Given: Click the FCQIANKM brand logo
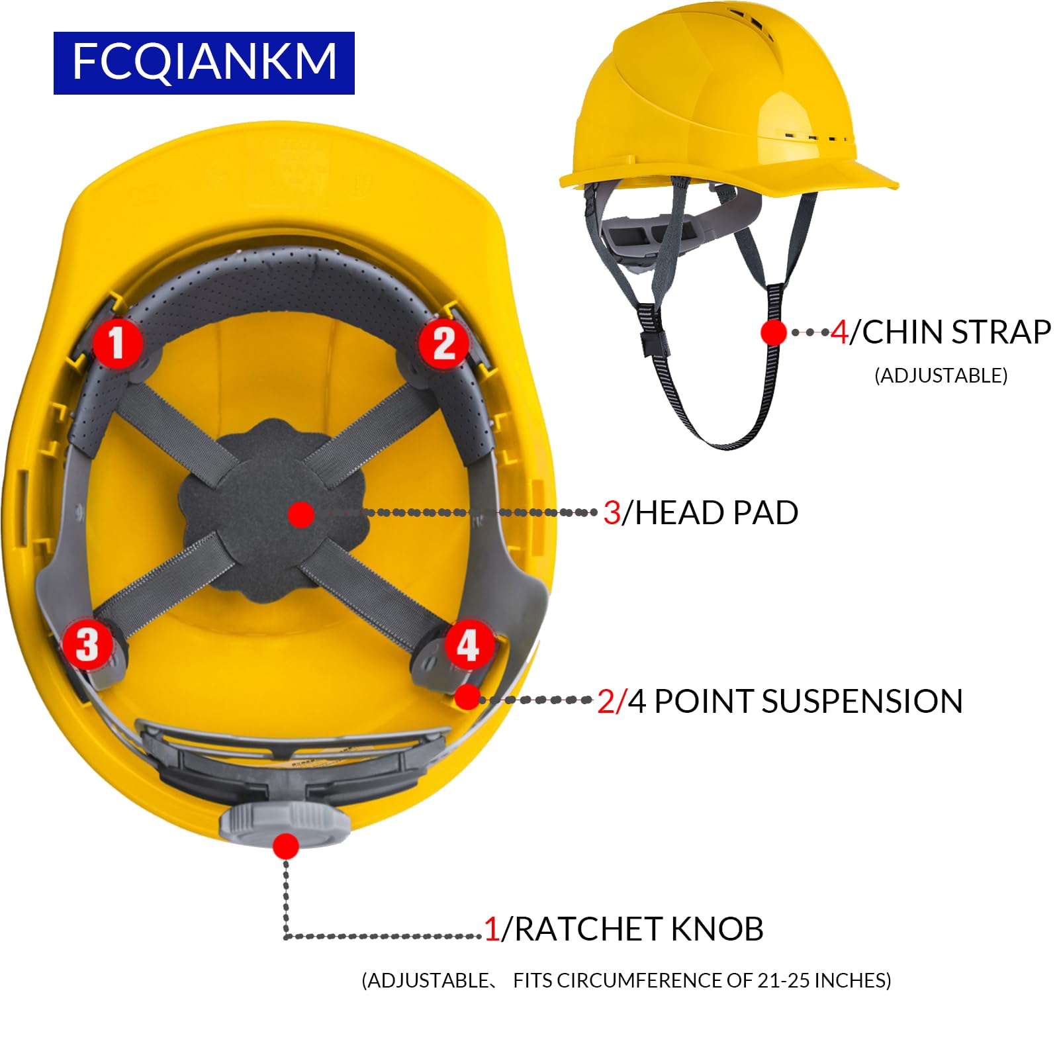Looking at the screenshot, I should click(204, 63).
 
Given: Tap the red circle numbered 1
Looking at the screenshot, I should click(117, 343).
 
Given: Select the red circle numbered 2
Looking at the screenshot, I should click(443, 343).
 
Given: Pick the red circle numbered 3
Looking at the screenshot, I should click(87, 644).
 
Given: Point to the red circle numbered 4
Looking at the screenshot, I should click(468, 644).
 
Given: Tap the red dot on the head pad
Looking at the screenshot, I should click(301, 514).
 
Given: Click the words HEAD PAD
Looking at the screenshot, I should click(716, 513).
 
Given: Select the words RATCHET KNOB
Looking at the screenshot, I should click(639, 929).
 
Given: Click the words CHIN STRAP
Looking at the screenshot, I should click(956, 332).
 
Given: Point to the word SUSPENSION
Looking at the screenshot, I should click(862, 701).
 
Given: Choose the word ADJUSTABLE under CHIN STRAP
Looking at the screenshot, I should click(941, 375).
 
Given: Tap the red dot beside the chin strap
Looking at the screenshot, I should click(773, 332).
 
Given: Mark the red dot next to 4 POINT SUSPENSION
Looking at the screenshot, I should click(467, 697).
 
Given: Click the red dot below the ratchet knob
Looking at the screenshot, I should click(285, 847).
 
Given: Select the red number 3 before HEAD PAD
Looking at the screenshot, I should click(612, 513).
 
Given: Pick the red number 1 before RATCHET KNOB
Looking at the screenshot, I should click(491, 929).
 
